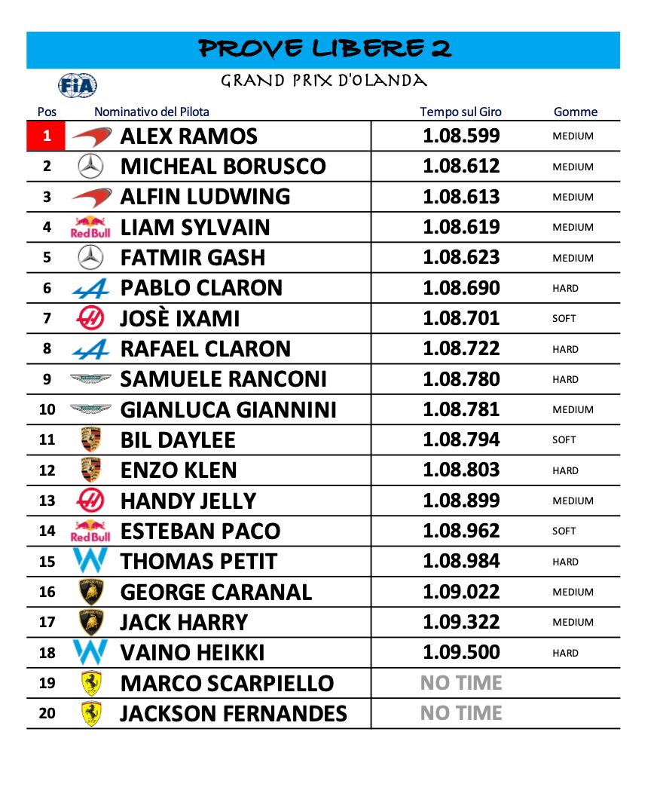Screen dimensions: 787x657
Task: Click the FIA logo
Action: (78, 84)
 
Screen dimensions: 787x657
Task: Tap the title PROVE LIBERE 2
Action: (325, 49)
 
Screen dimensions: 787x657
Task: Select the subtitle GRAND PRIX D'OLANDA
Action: (324, 81)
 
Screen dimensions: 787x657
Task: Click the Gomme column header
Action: (575, 112)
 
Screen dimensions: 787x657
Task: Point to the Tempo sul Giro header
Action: (460, 112)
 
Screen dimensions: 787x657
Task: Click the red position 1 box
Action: (47, 136)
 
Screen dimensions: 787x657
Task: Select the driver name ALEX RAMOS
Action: (188, 136)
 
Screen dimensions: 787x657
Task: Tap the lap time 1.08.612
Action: (461, 167)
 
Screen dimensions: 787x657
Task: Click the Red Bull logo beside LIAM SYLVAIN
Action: (90, 227)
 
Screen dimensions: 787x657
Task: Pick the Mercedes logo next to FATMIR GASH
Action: (90, 258)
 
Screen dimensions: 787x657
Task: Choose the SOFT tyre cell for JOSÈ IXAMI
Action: (564, 318)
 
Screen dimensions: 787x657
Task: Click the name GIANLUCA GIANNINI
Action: (228, 409)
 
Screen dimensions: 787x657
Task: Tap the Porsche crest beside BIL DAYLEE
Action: (90, 439)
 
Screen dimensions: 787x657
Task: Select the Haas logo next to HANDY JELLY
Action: (90, 501)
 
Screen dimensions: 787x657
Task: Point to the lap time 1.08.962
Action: (461, 531)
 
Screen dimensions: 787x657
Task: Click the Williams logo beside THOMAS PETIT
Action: (90, 562)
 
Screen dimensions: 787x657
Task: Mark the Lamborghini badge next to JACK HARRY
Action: (90, 622)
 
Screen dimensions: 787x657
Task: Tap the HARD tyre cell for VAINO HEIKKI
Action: (565, 653)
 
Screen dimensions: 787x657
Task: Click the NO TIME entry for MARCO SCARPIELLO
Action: (461, 683)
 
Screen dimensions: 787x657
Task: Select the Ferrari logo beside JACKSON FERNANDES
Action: (90, 713)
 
